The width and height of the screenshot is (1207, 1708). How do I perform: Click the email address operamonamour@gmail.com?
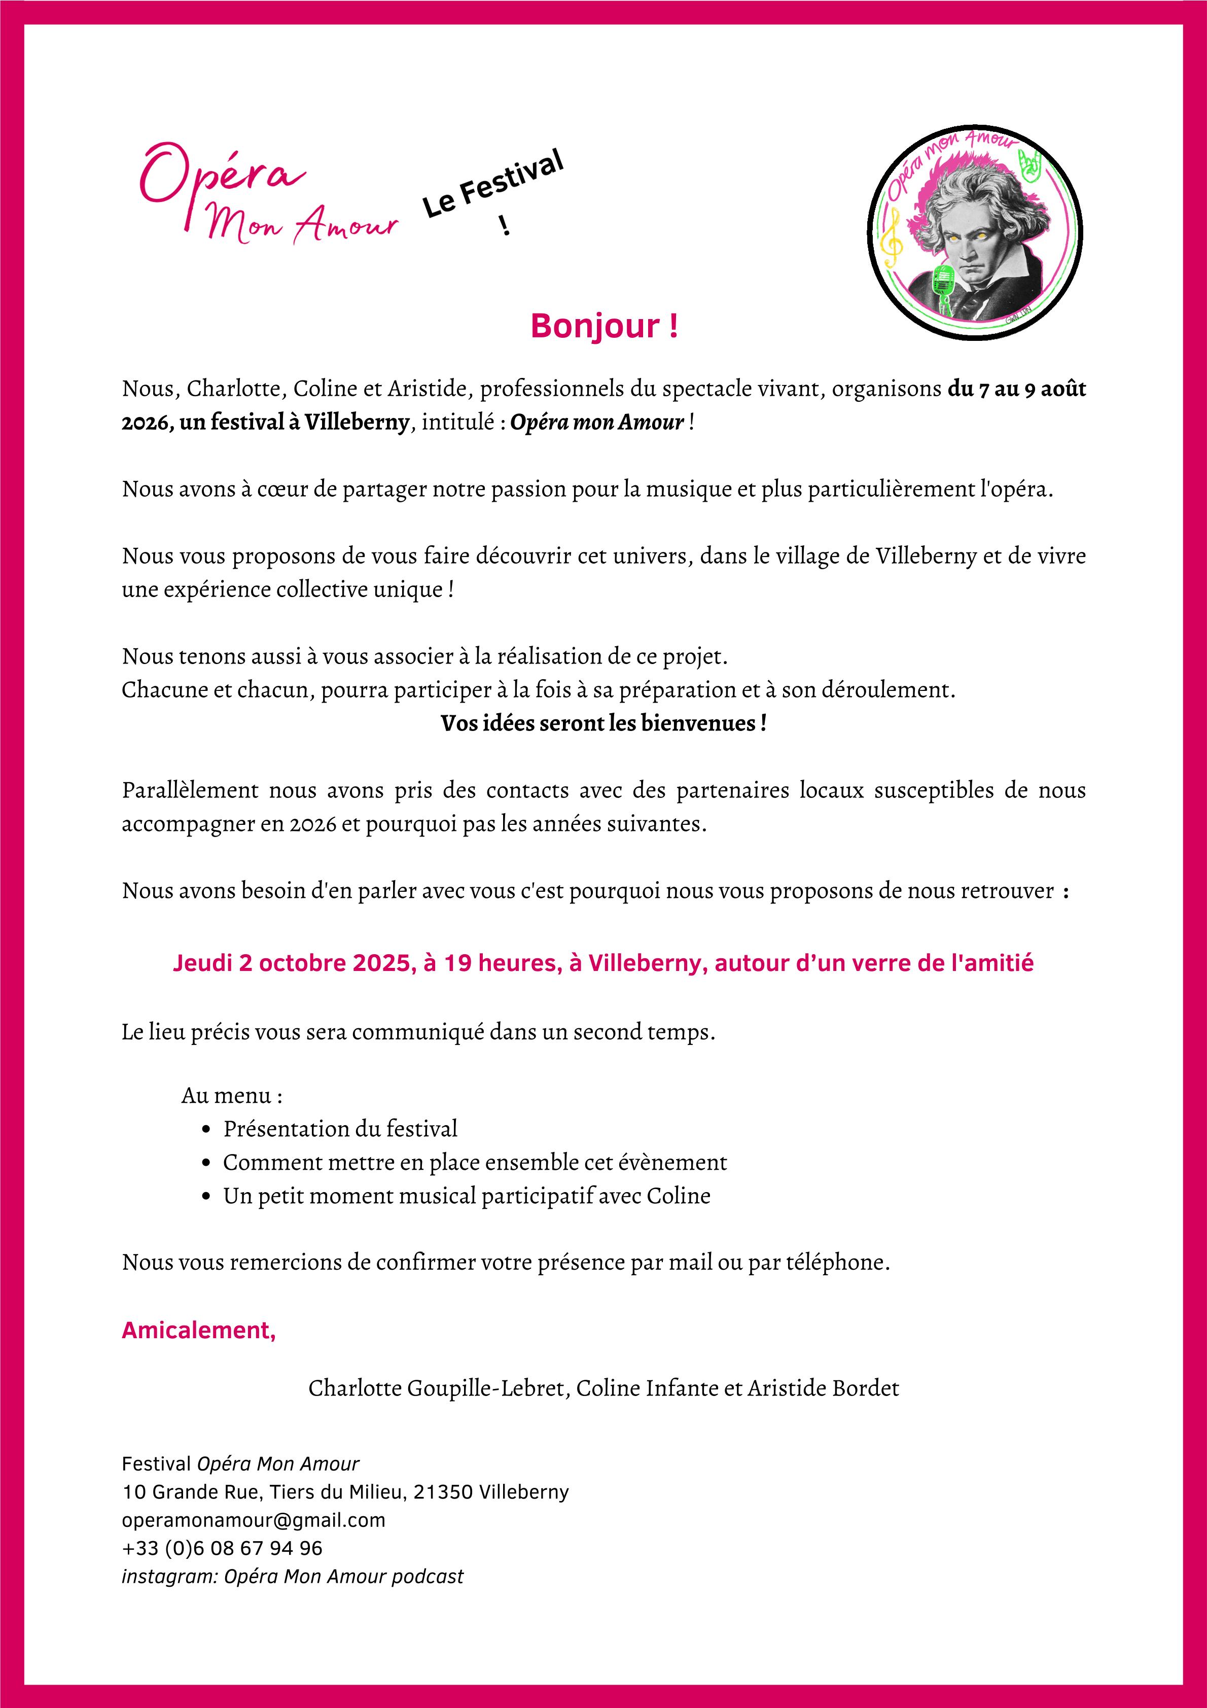254,1520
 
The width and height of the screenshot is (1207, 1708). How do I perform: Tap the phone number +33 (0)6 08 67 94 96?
222,1548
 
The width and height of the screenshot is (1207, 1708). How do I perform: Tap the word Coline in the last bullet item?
678,1196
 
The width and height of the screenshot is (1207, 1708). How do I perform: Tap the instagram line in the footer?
292,1576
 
